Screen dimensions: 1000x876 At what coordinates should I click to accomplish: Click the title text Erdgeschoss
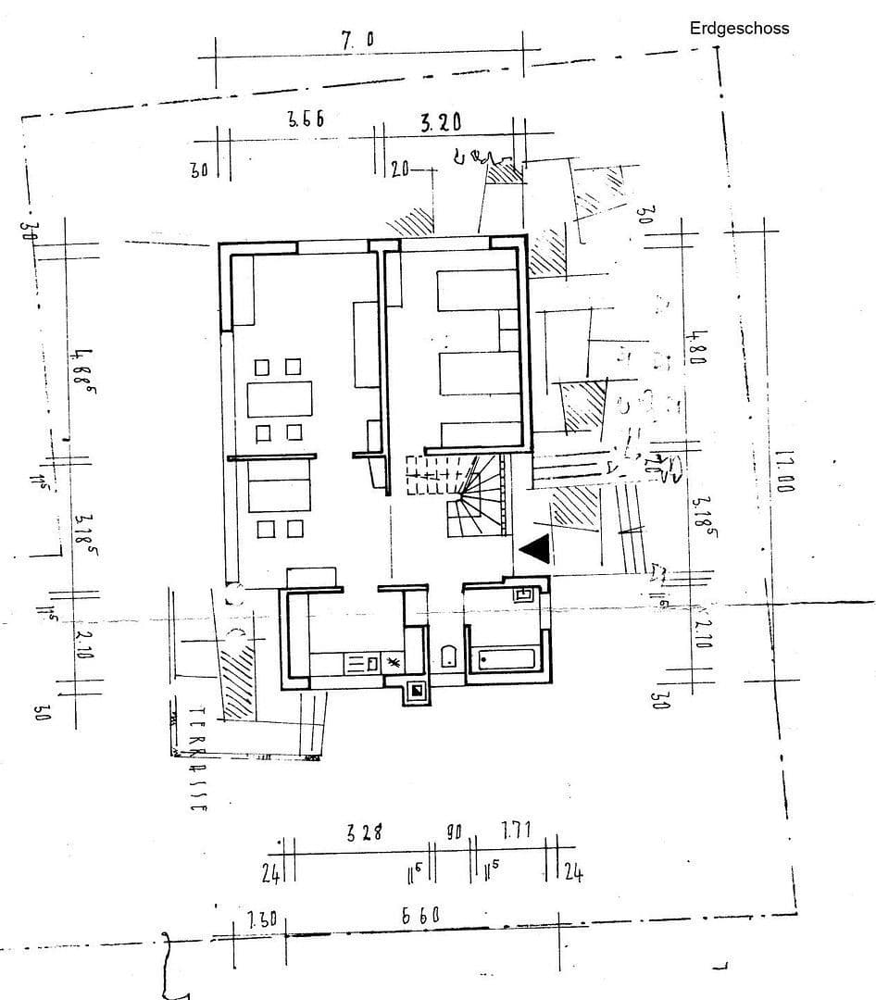pos(739,28)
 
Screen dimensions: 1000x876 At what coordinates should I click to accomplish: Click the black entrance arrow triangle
pos(535,550)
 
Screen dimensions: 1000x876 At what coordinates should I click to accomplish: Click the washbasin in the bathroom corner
pos(523,594)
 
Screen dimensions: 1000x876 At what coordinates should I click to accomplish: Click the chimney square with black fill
pos(417,690)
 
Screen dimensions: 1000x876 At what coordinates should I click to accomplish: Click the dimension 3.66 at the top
pos(306,119)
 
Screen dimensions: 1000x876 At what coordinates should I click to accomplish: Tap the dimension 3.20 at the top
pos(441,123)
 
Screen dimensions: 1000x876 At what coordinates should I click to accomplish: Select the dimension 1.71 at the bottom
pos(516,831)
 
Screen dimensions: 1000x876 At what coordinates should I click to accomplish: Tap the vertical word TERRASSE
pos(197,759)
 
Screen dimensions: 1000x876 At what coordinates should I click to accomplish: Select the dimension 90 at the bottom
pos(454,832)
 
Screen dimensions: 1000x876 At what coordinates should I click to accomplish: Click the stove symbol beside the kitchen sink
pos(392,663)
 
